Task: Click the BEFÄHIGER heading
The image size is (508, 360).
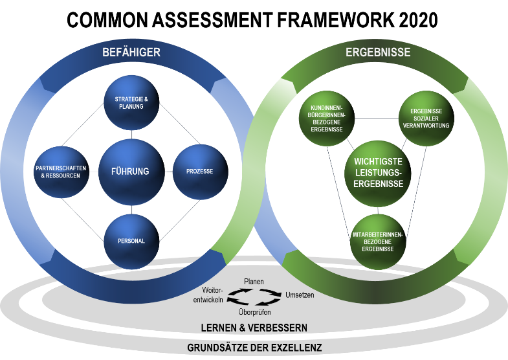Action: (x=131, y=52)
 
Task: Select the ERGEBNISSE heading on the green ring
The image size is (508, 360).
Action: (x=379, y=53)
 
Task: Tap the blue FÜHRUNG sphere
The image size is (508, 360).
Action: (x=130, y=172)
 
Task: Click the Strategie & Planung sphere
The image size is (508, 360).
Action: (x=131, y=102)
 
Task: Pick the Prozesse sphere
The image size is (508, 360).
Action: (x=199, y=171)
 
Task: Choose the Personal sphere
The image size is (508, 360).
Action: (x=131, y=240)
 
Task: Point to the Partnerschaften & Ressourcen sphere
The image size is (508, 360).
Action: (x=62, y=172)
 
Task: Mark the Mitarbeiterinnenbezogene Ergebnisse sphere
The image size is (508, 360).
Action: (x=377, y=237)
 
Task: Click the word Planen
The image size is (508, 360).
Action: (x=254, y=281)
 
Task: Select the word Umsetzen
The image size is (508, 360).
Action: (x=300, y=295)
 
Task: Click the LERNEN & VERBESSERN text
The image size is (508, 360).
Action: (x=254, y=328)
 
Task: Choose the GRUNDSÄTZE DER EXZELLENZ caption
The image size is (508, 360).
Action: (x=254, y=348)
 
